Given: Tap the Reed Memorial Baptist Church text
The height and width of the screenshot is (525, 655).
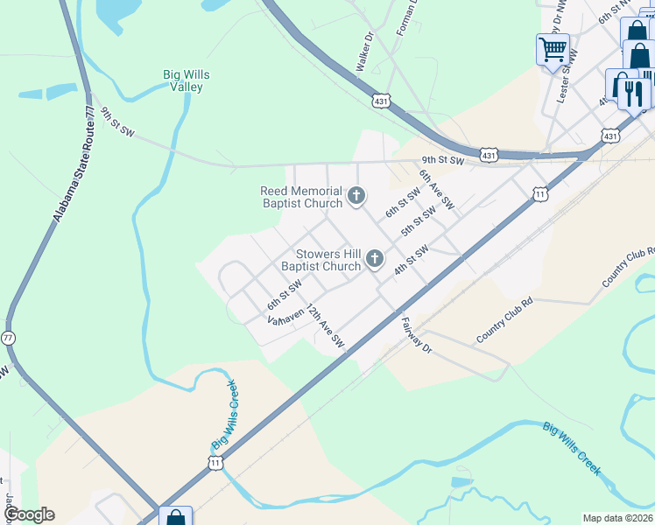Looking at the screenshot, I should (301, 198).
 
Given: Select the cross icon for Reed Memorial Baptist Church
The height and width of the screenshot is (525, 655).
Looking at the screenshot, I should (356, 196).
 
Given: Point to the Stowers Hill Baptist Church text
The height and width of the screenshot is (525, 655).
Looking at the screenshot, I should (320, 260).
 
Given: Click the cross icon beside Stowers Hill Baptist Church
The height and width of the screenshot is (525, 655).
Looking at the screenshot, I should (375, 258).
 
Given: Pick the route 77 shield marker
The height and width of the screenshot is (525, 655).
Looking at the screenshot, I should (8, 337).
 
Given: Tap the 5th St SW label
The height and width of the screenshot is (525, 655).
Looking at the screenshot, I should (419, 221).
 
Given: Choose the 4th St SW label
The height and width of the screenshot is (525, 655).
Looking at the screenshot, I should (411, 260).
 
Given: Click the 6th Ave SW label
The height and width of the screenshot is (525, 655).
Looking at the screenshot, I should (436, 189).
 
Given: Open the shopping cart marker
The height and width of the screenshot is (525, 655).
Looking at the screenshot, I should (553, 49).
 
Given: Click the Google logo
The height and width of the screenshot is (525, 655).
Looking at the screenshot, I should (28, 514).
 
